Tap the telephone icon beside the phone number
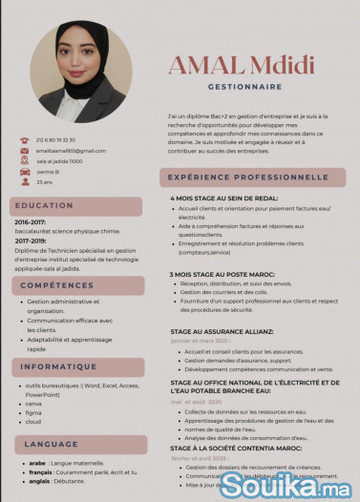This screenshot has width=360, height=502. pos(25,140)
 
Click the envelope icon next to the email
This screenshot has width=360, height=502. pos(25,151)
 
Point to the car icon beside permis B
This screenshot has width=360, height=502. pos(25,171)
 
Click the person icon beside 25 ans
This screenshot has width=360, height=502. pos(25,181)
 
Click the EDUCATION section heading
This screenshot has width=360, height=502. pos(44,205)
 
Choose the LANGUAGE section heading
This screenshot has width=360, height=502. pos(52,445)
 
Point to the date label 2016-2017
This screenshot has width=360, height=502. pos(31,222)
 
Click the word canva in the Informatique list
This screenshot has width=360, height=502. pos(33,403)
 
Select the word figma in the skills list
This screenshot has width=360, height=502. pos(33,411)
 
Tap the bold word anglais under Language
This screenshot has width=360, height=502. pos(39,481)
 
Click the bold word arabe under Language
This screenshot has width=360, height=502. pos(37,463)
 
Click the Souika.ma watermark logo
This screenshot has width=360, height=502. pos(284,485)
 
